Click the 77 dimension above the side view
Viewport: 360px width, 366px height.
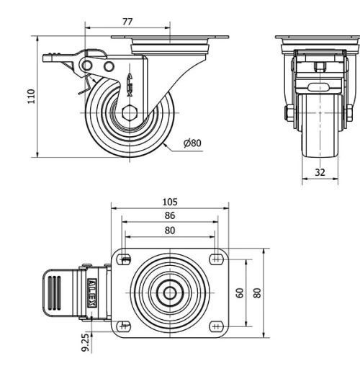(x=127, y=22)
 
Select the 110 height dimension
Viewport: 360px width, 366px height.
(x=31, y=97)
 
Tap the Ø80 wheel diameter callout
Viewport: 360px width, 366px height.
(x=192, y=143)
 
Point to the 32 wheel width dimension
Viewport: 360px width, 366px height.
(x=319, y=172)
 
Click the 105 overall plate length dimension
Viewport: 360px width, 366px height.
(x=170, y=202)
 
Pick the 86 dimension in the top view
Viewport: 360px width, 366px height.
(x=170, y=215)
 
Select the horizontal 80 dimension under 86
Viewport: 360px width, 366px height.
(x=170, y=231)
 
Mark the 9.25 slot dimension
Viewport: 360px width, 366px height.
(x=86, y=341)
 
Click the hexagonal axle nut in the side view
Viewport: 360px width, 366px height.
(x=130, y=113)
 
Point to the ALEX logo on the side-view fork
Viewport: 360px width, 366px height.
(x=130, y=80)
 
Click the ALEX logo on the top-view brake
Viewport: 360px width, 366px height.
(x=91, y=293)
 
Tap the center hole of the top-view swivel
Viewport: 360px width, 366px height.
(x=170, y=293)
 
